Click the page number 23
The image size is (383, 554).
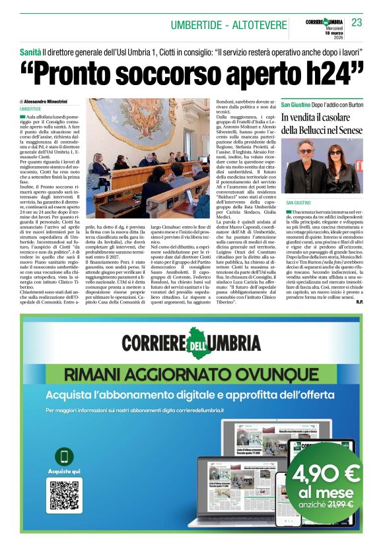pos(357,22)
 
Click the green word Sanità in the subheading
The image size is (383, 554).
pos(30,51)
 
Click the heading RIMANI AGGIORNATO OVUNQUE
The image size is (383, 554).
pos(191,375)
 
